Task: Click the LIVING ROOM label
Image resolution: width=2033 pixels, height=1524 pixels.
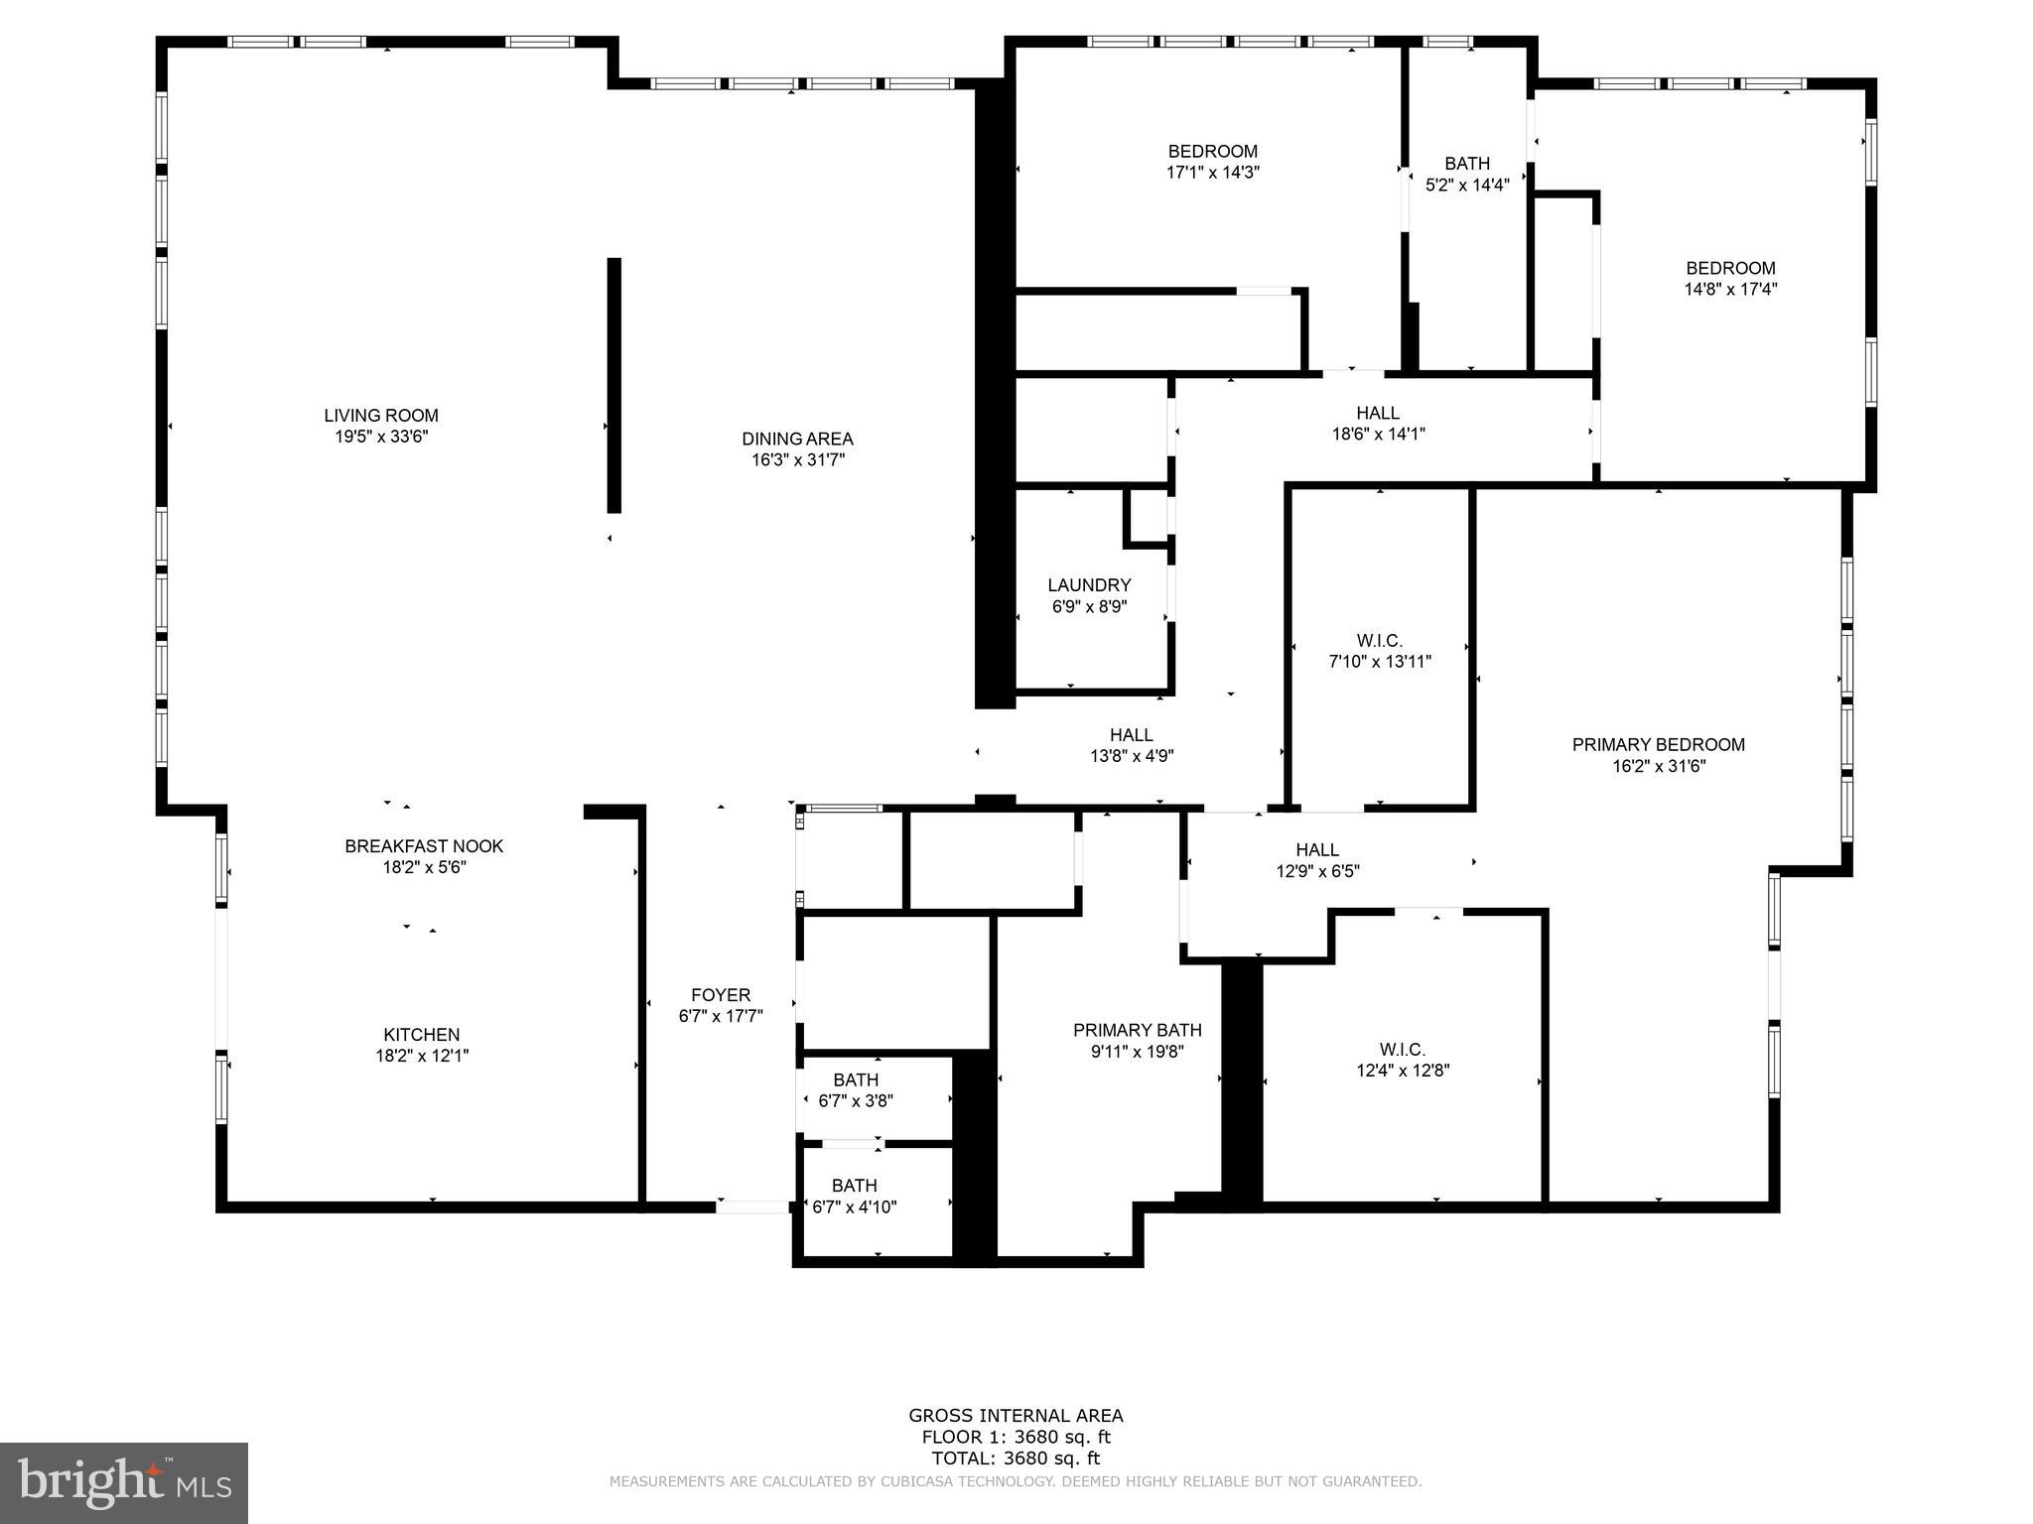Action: pyautogui.click(x=380, y=416)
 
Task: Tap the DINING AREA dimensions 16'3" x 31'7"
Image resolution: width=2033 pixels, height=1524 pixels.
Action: pyautogui.click(x=797, y=459)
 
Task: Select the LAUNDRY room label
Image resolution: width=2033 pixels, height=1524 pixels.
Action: pyautogui.click(x=1089, y=585)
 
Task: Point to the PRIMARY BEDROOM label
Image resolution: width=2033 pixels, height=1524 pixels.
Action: pyautogui.click(x=1658, y=745)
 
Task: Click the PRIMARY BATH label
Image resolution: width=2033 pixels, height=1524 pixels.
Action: pyautogui.click(x=1137, y=1030)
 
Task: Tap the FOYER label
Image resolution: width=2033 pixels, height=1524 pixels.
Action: pyautogui.click(x=721, y=995)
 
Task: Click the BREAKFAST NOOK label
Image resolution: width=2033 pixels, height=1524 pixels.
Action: pyautogui.click(x=424, y=846)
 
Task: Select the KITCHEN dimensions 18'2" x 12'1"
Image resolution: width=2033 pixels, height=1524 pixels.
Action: pyautogui.click(x=422, y=1056)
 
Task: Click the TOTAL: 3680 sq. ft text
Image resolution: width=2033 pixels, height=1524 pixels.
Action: pyautogui.click(x=1015, y=1459)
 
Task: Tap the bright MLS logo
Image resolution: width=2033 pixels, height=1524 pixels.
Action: pyautogui.click(x=123, y=1482)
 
